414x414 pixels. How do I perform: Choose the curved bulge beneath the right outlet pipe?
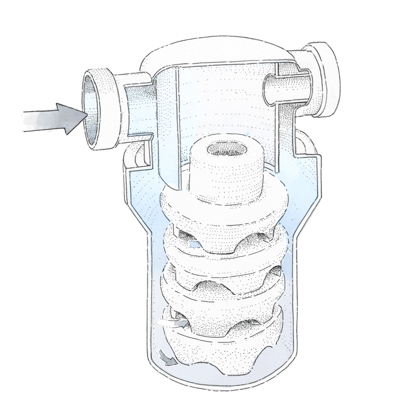click(x=305, y=145)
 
